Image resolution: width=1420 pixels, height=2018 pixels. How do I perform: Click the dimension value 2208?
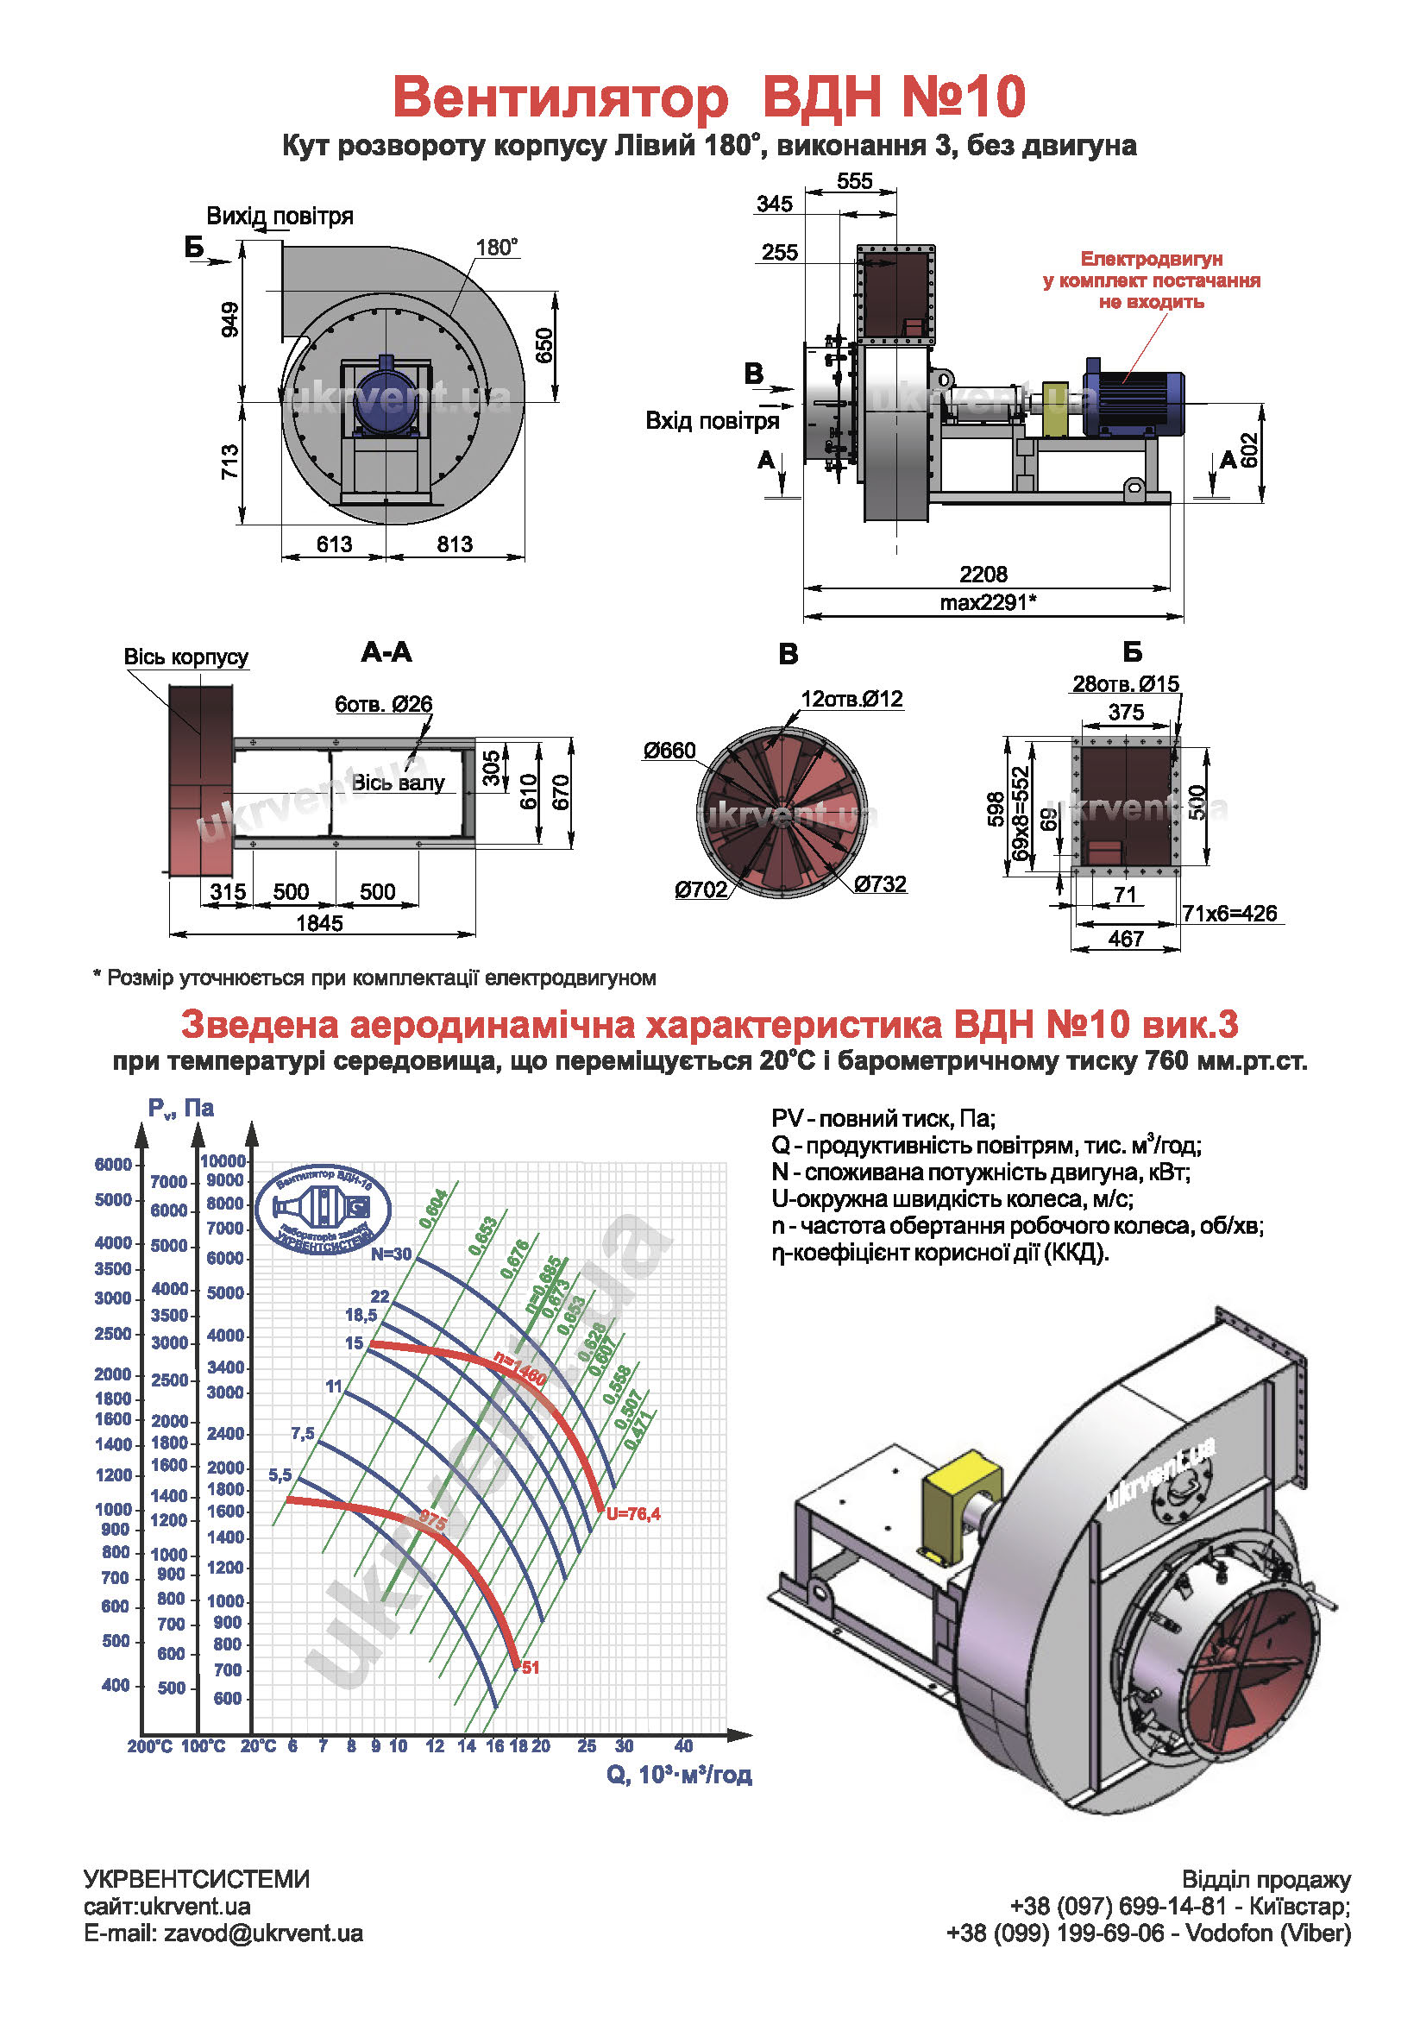983,574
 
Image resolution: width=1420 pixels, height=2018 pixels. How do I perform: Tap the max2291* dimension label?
988,602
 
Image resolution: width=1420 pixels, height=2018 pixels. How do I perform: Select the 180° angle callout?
496,248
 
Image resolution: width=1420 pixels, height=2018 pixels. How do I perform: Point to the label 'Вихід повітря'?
280,217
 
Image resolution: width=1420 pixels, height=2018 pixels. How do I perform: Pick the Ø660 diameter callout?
669,751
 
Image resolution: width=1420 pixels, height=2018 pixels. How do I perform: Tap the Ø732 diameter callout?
880,883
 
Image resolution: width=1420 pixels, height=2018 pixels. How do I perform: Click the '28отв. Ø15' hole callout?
1125,684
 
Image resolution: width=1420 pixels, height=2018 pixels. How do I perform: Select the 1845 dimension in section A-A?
319,923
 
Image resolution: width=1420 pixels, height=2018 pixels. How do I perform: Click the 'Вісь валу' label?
398,783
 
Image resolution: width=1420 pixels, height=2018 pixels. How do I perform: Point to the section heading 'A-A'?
386,652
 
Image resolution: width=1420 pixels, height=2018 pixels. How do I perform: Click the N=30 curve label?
390,1254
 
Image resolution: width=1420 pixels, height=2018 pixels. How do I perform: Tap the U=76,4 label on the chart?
632,1513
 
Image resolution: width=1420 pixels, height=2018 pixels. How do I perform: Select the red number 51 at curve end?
530,1668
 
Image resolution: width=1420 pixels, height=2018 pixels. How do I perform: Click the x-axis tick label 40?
683,1745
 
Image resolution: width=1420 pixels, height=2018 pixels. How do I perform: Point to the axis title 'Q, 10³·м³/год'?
678,1775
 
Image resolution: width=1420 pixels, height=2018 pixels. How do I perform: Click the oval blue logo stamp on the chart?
323,1210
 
